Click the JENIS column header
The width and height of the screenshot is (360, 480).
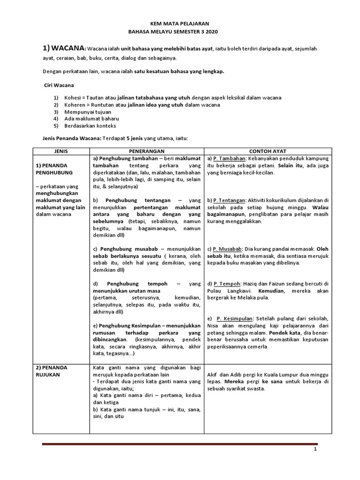[x=61, y=151]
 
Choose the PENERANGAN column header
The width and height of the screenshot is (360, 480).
[x=148, y=151]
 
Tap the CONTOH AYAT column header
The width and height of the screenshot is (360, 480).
[x=268, y=151]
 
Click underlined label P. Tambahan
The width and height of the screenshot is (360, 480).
[x=228, y=158]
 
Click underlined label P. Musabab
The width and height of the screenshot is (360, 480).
[x=228, y=249]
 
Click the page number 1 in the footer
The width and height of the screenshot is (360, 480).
[x=315, y=450]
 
